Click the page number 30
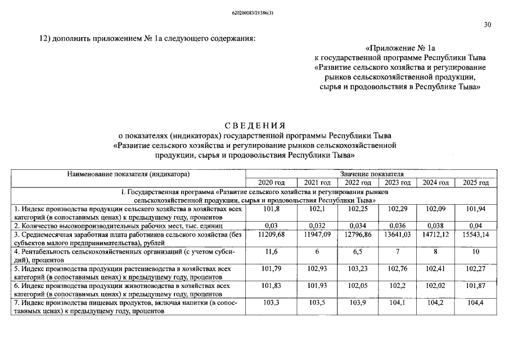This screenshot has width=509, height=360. click(x=487, y=24)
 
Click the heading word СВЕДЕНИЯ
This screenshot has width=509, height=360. click(x=254, y=125)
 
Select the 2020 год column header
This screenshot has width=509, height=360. click(x=272, y=183)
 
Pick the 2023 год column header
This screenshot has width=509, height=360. click(x=398, y=183)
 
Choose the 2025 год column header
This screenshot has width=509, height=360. click(x=475, y=183)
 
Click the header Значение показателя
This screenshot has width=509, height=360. click(x=372, y=174)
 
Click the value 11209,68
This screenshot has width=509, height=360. click(x=272, y=235)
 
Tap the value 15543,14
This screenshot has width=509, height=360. click(x=475, y=235)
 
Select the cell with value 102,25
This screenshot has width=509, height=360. click(x=358, y=209)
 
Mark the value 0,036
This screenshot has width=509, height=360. click(x=398, y=226)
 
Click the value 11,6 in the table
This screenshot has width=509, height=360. click(x=272, y=252)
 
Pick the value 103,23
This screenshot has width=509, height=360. click(x=358, y=269)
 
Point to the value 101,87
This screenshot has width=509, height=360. click(x=475, y=286)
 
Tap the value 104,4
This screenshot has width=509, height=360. click(x=475, y=303)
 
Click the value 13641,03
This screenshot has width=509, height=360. click(x=398, y=235)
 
